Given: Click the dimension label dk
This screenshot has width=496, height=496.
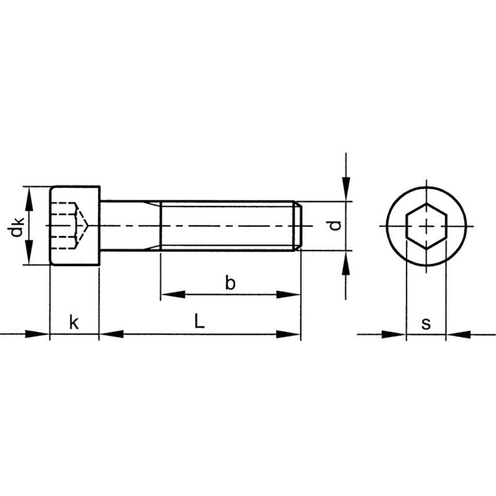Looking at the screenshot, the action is [x=16, y=226].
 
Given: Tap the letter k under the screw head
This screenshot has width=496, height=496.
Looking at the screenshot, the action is [x=74, y=322].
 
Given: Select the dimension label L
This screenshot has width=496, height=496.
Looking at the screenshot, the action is [x=199, y=321].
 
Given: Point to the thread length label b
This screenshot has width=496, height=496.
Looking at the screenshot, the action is [x=230, y=283].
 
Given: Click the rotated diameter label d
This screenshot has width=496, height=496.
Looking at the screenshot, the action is [x=334, y=226].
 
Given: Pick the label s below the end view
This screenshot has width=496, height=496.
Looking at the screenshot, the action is [x=426, y=324].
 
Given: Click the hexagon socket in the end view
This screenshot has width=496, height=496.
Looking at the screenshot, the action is [x=426, y=226].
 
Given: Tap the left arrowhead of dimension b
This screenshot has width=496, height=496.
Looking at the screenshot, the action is [x=173, y=294].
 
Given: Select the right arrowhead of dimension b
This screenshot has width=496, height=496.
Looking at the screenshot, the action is [x=288, y=294].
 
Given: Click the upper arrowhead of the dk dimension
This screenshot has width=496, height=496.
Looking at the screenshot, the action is [x=29, y=199].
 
